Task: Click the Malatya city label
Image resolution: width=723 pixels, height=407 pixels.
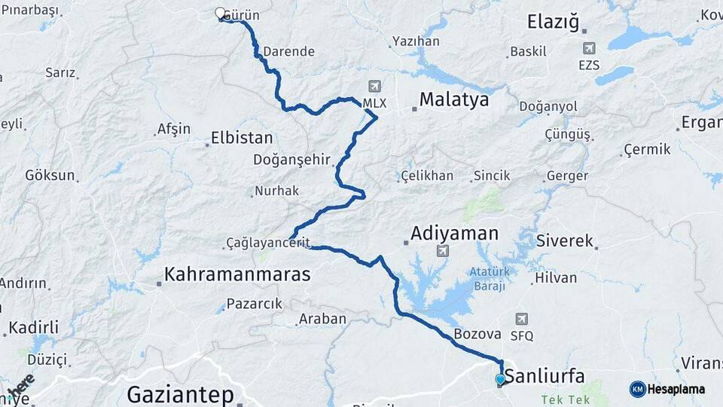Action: click(454, 99)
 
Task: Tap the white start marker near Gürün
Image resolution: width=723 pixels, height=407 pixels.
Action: click(220, 14)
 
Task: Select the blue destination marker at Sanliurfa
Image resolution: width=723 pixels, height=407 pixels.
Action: click(500, 380)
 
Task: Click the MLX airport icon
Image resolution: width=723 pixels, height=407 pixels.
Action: click(374, 86)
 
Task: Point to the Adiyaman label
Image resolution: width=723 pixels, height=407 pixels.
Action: click(454, 233)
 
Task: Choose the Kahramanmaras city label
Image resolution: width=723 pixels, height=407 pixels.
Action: click(237, 274)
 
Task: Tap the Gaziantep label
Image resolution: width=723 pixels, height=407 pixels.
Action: click(180, 393)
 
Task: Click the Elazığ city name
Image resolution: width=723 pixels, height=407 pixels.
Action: click(554, 22)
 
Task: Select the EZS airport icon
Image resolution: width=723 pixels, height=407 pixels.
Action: click(588, 49)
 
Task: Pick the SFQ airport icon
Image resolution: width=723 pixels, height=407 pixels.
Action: click(521, 320)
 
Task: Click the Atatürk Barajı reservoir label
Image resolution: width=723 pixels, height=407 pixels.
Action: click(490, 279)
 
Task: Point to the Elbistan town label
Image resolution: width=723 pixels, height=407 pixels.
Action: click(242, 139)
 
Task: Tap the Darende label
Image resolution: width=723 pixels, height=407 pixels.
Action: click(288, 52)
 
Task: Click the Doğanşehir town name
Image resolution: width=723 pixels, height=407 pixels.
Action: click(292, 160)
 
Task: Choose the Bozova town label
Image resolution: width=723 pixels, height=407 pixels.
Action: click(477, 334)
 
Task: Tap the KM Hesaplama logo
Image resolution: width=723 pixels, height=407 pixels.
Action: click(667, 389)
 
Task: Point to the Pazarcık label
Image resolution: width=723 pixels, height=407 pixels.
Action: click(254, 303)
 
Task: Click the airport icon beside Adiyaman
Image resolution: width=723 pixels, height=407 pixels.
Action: click(442, 250)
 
